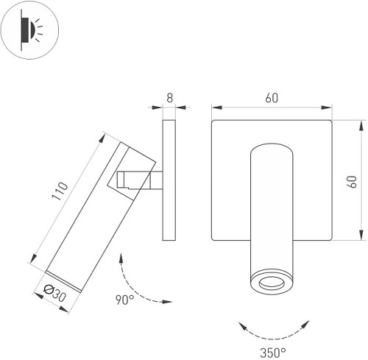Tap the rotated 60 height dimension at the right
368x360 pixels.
350,180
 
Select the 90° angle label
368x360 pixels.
124,300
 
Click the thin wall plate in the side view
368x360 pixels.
168,180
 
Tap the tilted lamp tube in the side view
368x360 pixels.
96,213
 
